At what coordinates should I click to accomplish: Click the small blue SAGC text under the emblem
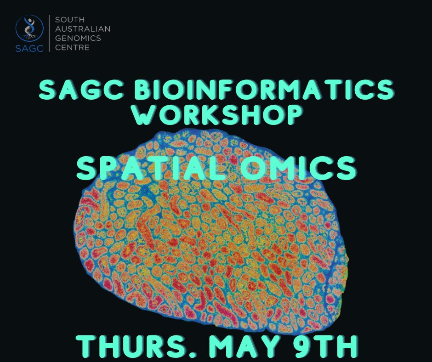[30, 48]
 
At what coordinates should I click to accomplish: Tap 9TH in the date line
[327, 348]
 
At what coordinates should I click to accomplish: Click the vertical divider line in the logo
[49, 33]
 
